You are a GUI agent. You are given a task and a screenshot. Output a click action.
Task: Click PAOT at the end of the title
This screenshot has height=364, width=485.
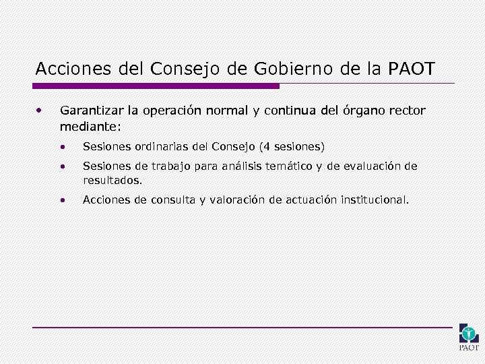(412, 69)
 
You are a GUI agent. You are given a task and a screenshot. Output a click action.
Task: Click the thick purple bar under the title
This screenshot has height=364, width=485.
(156, 86)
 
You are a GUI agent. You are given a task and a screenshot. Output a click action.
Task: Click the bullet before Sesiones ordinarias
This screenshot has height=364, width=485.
(63, 146)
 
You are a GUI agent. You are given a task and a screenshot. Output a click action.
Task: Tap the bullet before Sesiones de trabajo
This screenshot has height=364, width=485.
(63, 166)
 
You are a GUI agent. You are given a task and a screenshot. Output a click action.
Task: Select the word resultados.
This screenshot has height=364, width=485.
(112, 181)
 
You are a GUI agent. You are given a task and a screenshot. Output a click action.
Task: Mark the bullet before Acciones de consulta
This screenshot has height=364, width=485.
(63, 200)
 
